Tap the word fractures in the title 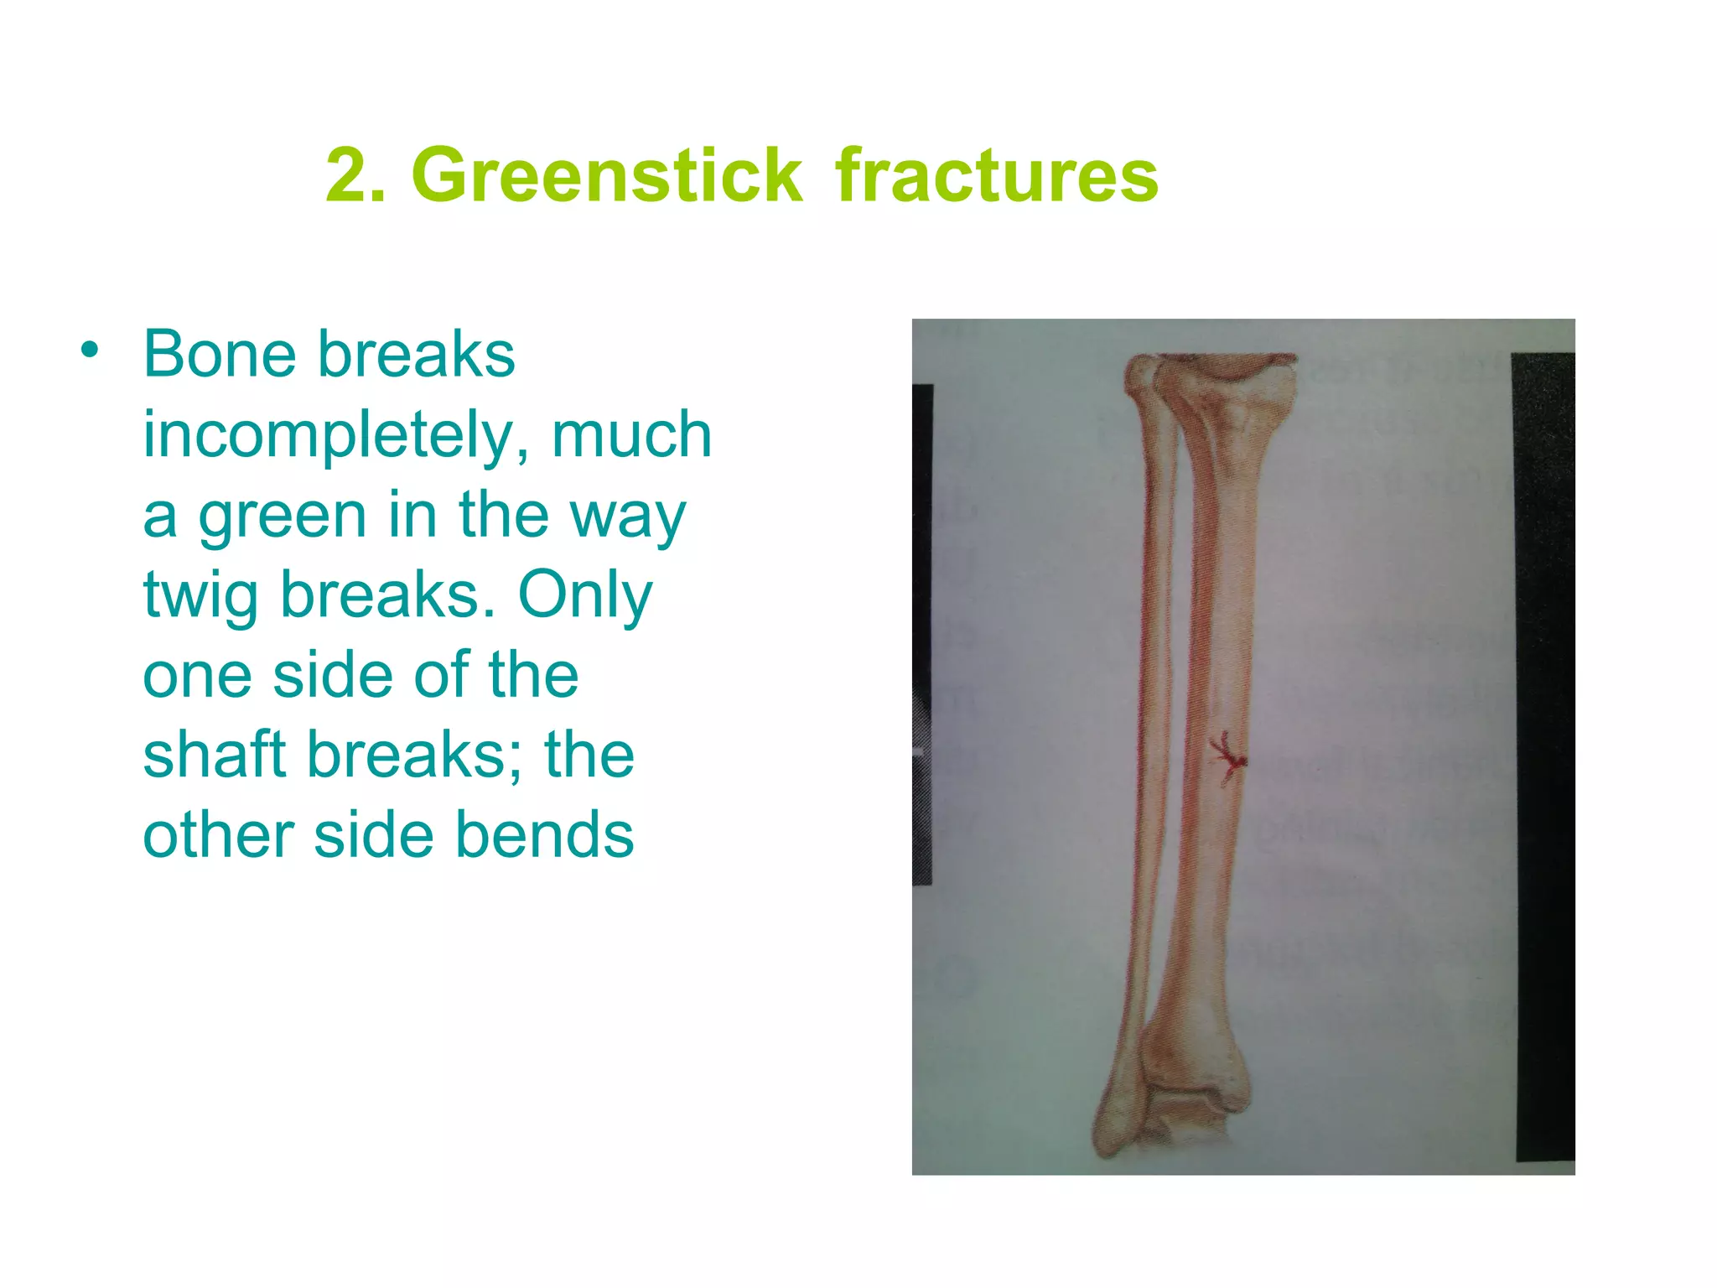[996, 175]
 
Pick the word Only [584, 595]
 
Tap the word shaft [214, 755]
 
